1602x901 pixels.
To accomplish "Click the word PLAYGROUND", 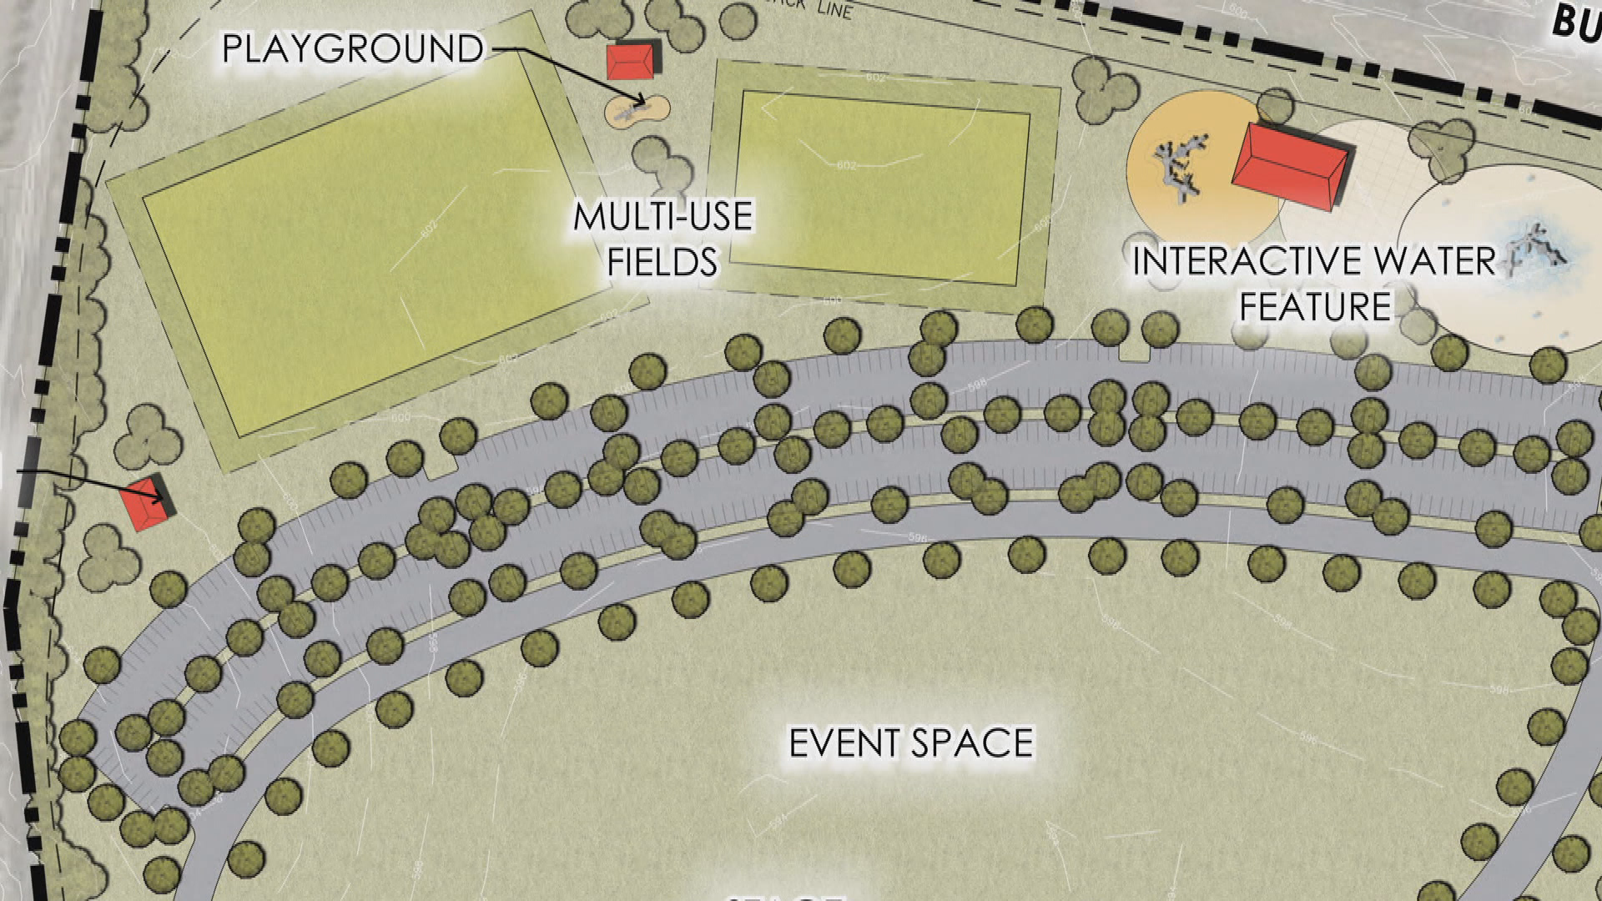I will [352, 49].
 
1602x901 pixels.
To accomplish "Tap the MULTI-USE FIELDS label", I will [662, 239].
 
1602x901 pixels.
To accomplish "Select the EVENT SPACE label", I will [911, 742].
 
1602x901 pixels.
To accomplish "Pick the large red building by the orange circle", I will [1290, 169].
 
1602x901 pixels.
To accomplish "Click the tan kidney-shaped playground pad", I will [637, 110].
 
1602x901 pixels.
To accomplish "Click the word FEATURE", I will [1315, 306].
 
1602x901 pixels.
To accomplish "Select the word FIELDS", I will [662, 261].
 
